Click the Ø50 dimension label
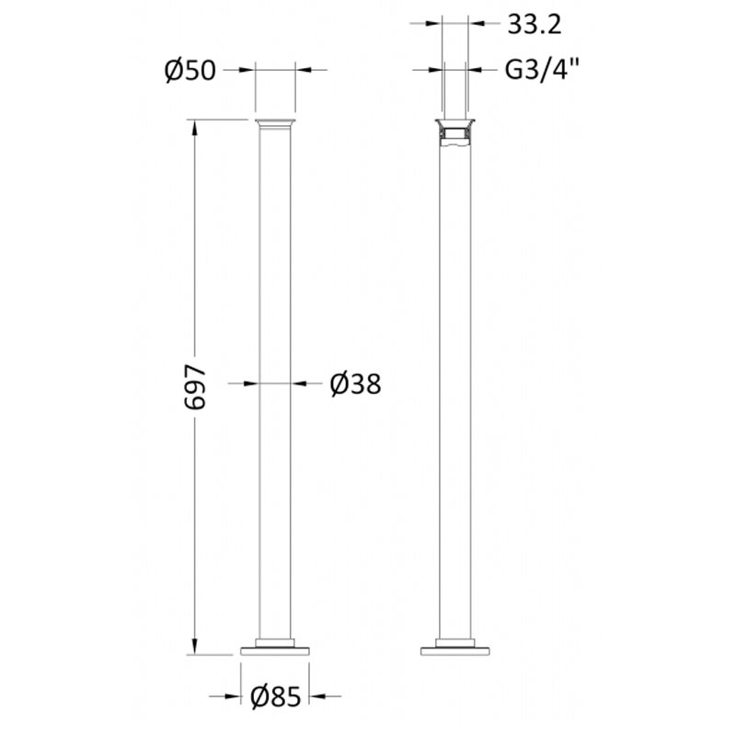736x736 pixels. (x=190, y=70)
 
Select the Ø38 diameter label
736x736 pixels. (x=354, y=384)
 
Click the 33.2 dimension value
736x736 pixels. (x=533, y=26)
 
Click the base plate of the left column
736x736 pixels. (x=275, y=650)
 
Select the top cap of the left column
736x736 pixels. (x=275, y=123)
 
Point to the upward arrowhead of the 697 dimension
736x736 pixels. (x=193, y=128)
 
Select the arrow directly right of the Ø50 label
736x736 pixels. (x=245, y=69)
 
